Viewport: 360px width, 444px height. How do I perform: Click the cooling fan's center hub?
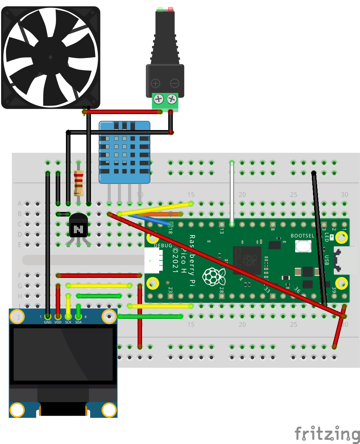(x=50, y=56)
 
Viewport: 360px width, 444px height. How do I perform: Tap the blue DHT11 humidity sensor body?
(x=125, y=152)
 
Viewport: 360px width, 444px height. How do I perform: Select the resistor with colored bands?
(x=78, y=183)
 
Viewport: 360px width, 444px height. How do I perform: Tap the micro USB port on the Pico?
(x=345, y=260)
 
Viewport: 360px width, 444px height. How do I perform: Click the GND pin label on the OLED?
(x=47, y=322)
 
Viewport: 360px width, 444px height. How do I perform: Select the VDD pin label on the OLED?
(x=58, y=322)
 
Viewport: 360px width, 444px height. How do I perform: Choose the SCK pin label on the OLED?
(x=68, y=322)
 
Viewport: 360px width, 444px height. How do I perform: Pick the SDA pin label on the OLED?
(x=78, y=322)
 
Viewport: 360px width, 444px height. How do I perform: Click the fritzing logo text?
(x=327, y=433)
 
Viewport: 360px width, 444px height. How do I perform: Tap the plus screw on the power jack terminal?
(x=159, y=99)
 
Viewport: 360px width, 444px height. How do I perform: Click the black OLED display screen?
(x=63, y=355)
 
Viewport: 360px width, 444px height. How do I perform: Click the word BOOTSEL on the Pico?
(x=302, y=235)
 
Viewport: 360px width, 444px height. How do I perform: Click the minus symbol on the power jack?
(x=174, y=83)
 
